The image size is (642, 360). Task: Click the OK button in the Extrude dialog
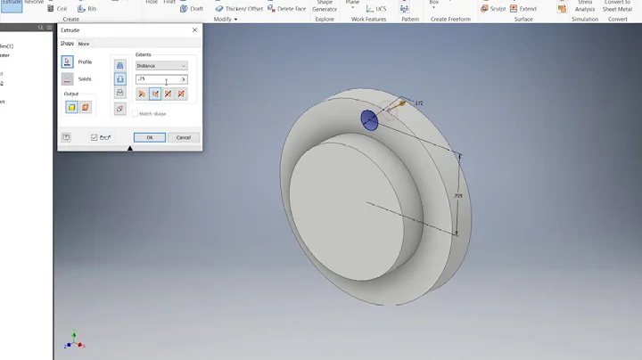150,137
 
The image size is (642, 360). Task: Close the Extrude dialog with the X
194,30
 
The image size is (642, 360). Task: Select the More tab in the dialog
84,44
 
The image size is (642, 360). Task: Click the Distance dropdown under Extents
161,66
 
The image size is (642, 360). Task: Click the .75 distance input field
157,79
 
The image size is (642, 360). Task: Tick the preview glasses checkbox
95,137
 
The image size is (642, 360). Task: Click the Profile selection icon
68,61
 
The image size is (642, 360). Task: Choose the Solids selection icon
68,79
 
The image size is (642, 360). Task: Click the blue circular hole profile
369,120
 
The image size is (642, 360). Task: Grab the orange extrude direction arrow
401,103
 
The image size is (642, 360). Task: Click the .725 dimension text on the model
457,194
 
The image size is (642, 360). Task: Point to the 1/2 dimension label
418,102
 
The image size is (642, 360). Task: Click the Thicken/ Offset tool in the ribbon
238,9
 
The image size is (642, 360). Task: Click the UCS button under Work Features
375,9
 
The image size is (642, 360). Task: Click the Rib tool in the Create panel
87,9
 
